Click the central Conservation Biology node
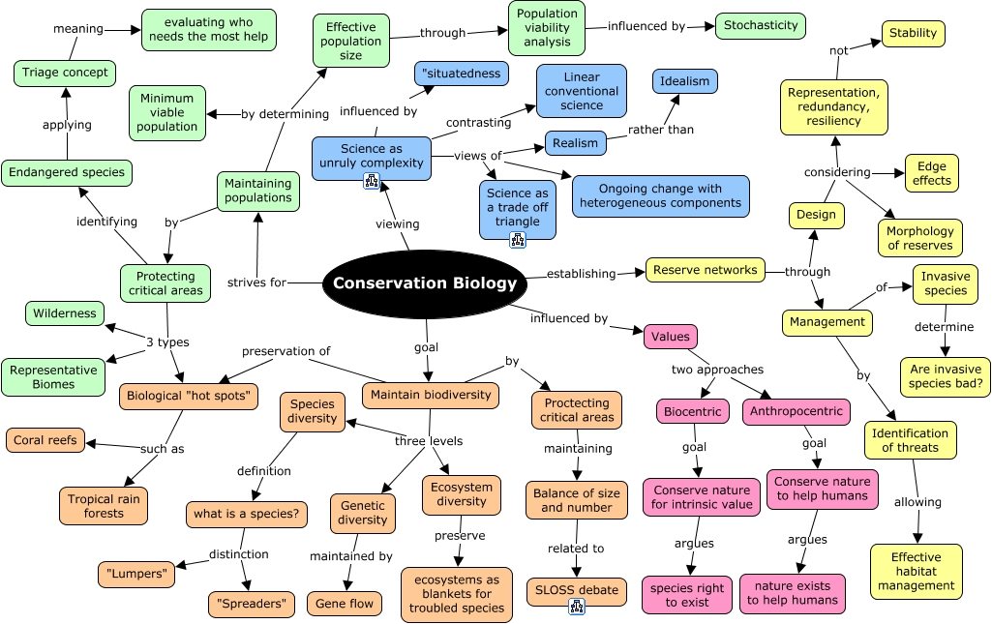pos(425,283)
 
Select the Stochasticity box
pos(762,25)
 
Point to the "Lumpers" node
pos(136,574)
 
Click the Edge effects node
pos(931,172)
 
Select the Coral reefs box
pos(45,439)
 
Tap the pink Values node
pos(670,336)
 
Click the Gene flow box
pos(344,604)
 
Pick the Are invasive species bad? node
pos(945,376)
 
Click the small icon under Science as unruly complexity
pos(371,182)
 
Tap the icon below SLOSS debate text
pos(577,606)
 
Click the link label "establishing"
pos(581,273)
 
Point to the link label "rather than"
pos(661,129)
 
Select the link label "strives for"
pos(256,282)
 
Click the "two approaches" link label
pos(717,369)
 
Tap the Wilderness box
pos(65,313)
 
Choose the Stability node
pos(913,33)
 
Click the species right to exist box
pos(686,594)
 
